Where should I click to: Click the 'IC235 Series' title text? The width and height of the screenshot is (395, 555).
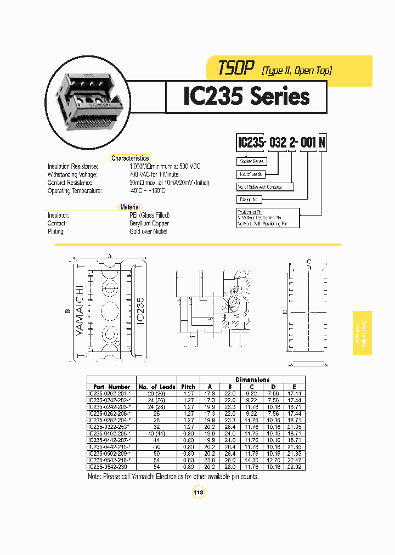tap(246, 97)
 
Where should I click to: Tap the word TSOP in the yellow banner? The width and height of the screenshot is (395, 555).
tap(236, 68)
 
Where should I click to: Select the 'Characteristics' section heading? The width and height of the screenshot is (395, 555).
tap(130, 158)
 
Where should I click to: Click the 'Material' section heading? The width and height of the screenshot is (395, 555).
tap(130, 207)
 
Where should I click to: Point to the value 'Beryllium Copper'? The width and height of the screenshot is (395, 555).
tap(149, 223)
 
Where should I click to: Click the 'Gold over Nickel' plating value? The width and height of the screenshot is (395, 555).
tap(148, 231)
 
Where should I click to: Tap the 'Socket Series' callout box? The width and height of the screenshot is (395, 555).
tap(252, 161)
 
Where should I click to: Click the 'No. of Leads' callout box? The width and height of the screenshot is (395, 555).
tap(251, 174)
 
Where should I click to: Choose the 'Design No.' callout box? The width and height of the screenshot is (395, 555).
tap(250, 200)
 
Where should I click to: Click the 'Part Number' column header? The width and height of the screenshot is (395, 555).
tap(111, 387)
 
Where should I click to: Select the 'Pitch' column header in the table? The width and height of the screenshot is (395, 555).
tap(188, 387)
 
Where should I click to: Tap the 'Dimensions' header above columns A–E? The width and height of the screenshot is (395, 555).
tap(252, 380)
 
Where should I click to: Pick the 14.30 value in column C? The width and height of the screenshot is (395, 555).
tap(252, 460)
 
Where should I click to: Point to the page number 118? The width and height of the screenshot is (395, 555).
tap(198, 493)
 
